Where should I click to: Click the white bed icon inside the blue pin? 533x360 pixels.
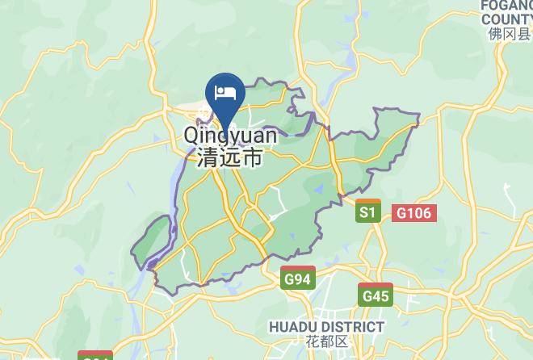225,90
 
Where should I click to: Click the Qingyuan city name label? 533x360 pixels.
230,136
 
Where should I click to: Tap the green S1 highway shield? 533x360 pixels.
368,212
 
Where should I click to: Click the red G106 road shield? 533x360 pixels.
414,213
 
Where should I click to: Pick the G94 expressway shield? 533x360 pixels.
298,278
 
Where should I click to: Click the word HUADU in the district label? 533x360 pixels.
296,327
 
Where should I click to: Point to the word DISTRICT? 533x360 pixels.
353,327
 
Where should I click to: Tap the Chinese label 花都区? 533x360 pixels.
327,343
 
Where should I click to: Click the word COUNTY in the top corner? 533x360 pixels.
506,18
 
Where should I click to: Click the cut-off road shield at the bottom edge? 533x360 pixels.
95,355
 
